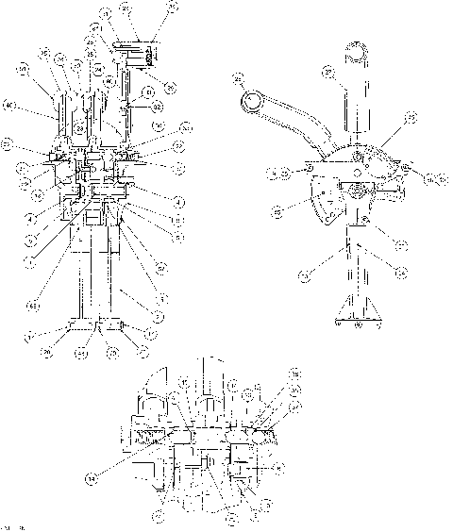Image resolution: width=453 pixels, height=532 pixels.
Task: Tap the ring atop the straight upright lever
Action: [x=358, y=55]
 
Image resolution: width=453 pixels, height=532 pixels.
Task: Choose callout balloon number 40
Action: [x=9, y=105]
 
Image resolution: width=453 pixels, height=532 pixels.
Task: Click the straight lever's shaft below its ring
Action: [x=357, y=108]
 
